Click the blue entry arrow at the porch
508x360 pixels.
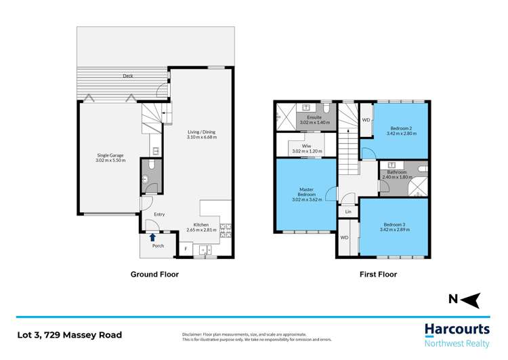(153, 237)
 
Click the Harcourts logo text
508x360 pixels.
(457, 329)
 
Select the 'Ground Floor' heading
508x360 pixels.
(154, 275)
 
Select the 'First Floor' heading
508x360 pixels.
(378, 275)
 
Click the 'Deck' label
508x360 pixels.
(128, 76)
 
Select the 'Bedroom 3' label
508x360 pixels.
(396, 224)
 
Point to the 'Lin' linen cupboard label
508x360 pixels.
(348, 212)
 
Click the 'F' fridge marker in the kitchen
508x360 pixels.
(186, 249)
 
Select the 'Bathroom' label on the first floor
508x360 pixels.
(397, 172)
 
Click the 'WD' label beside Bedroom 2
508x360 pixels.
(366, 120)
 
